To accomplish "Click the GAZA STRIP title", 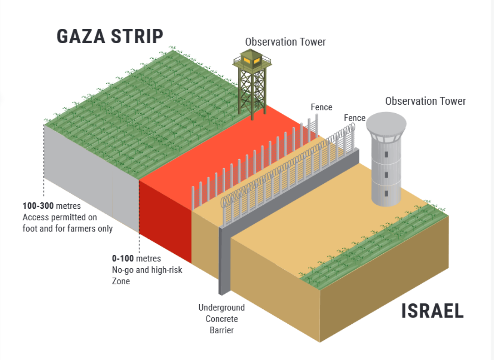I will pos(110,36).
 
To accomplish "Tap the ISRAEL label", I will pos(432,311).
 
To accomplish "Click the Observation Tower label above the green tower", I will pos(286,42).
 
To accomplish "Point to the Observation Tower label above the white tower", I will pos(425,101).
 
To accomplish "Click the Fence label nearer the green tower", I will pos(322,107).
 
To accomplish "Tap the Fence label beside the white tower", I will pos(354,118).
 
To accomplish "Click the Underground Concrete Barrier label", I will pos(222,319).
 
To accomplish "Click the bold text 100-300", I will pos(38,206).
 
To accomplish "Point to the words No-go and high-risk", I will pos(147,269).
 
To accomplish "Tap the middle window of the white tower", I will pos(387,174).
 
